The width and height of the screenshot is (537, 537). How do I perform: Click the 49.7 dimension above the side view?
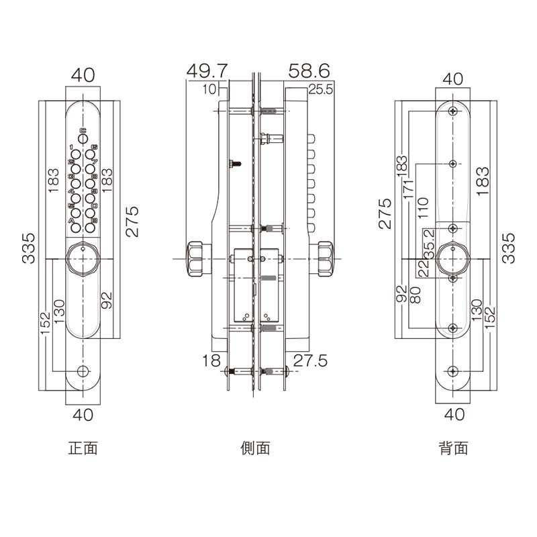click(x=207, y=70)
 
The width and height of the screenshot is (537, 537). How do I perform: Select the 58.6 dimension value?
click(x=309, y=70)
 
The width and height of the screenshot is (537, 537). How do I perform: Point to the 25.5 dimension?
click(x=320, y=90)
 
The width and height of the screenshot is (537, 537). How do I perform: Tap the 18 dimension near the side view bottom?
click(x=210, y=361)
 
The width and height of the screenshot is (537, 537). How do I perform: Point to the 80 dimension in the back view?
click(x=414, y=295)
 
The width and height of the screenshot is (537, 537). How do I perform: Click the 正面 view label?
click(x=83, y=448)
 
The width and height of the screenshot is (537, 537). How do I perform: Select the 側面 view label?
click(x=255, y=448)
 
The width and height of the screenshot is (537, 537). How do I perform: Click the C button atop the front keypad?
click(x=83, y=138)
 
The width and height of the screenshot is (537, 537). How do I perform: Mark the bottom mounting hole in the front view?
click(x=83, y=371)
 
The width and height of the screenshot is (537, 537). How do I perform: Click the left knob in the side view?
click(x=197, y=258)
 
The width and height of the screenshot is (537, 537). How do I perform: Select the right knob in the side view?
click(x=325, y=258)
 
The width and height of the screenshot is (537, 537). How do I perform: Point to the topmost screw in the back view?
click(x=454, y=110)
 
